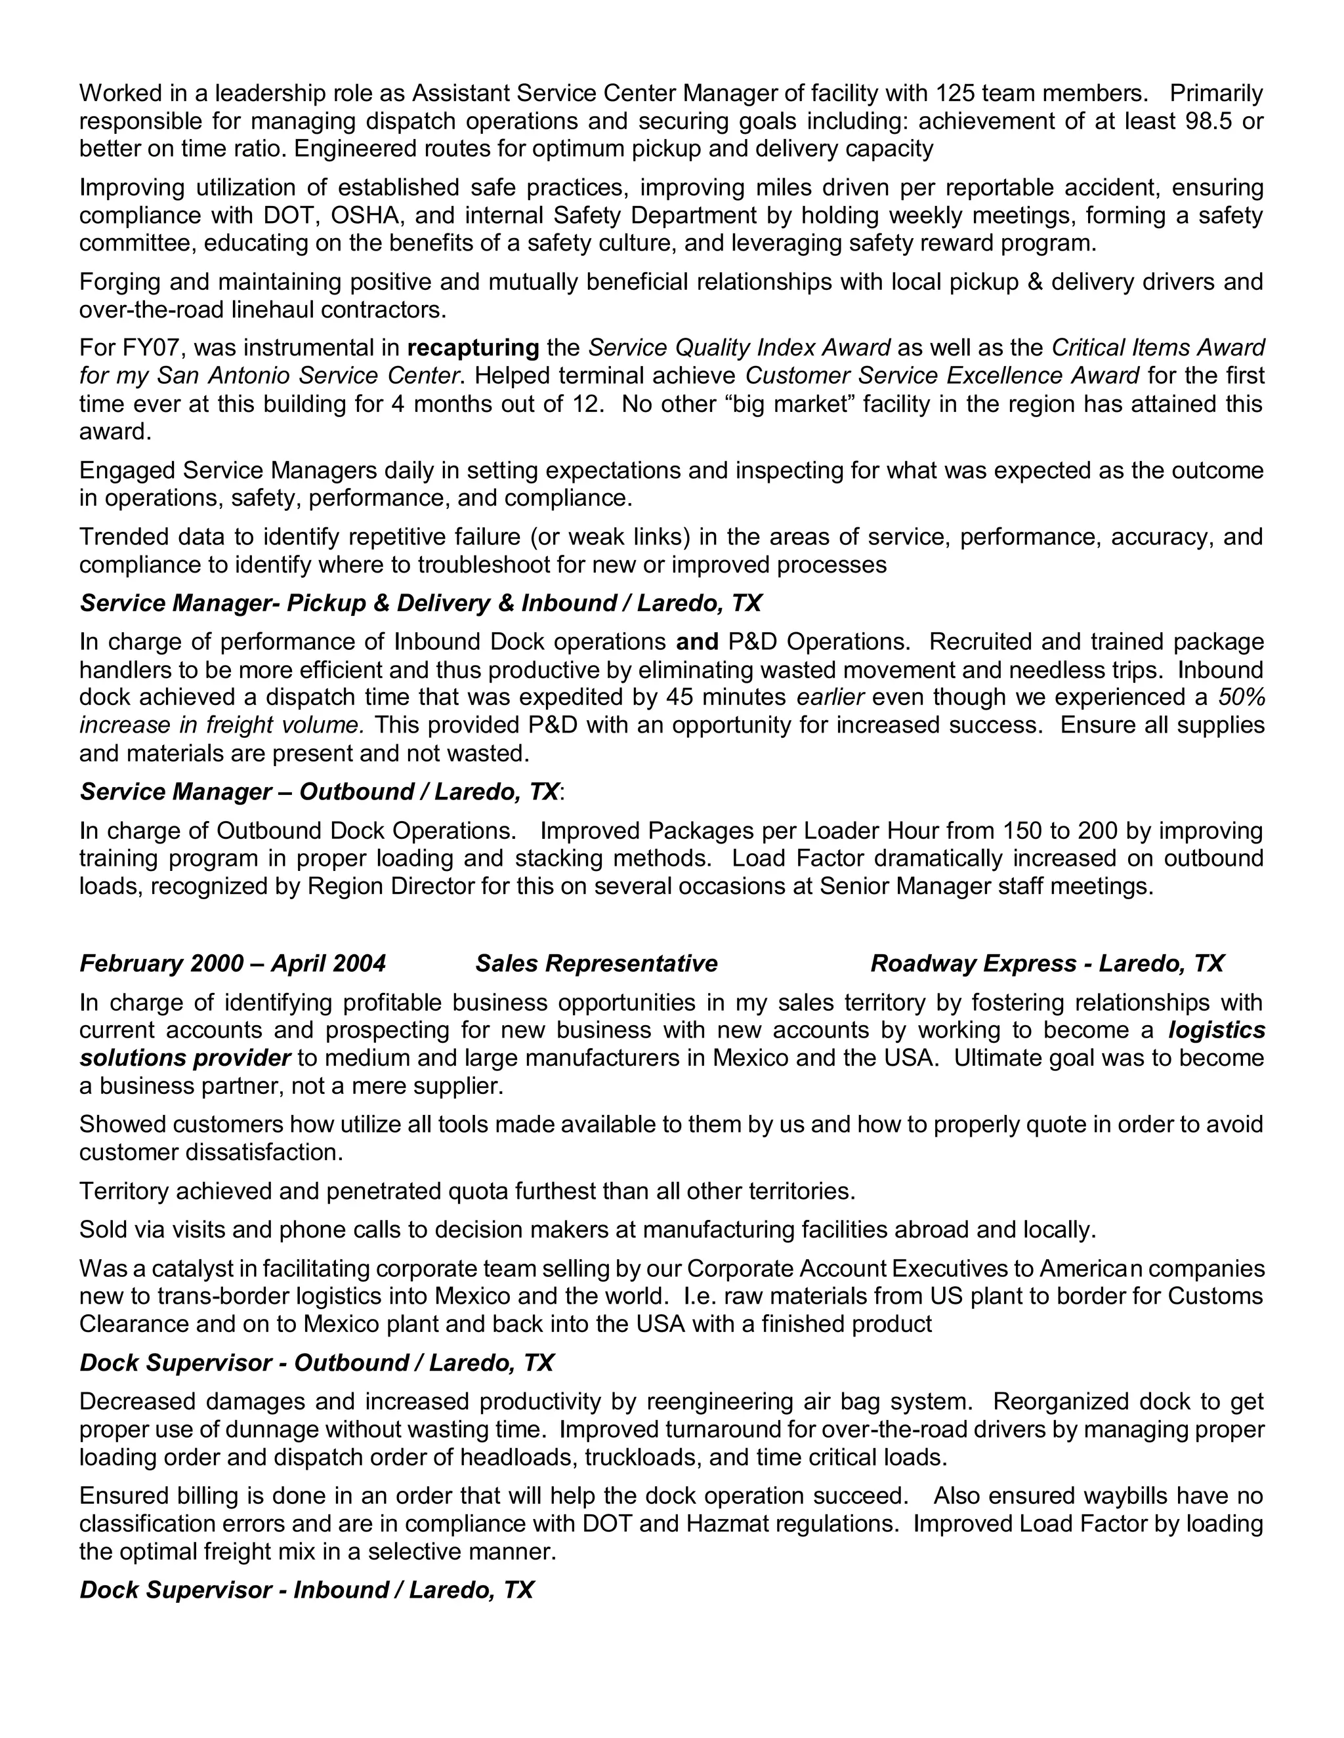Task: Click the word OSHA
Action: click(x=366, y=216)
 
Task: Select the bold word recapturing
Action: click(x=473, y=348)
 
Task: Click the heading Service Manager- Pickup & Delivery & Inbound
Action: click(x=421, y=603)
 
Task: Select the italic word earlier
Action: click(x=830, y=697)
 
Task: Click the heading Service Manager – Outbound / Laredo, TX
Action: click(x=320, y=792)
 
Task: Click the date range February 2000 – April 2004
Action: click(x=232, y=963)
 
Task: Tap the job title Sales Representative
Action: click(x=597, y=963)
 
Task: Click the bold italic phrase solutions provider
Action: click(x=184, y=1059)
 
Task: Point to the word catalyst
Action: click(x=186, y=1268)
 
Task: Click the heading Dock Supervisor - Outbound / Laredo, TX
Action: click(x=316, y=1364)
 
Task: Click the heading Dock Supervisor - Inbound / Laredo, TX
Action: click(x=306, y=1590)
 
